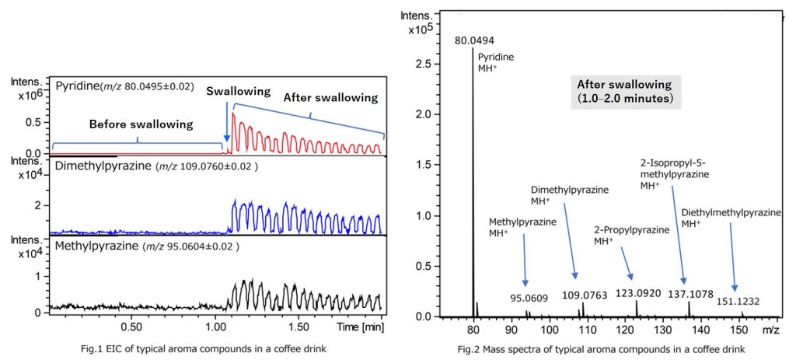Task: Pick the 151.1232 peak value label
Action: pyautogui.click(x=738, y=302)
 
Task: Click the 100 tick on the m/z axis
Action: pyautogui.click(x=550, y=330)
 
